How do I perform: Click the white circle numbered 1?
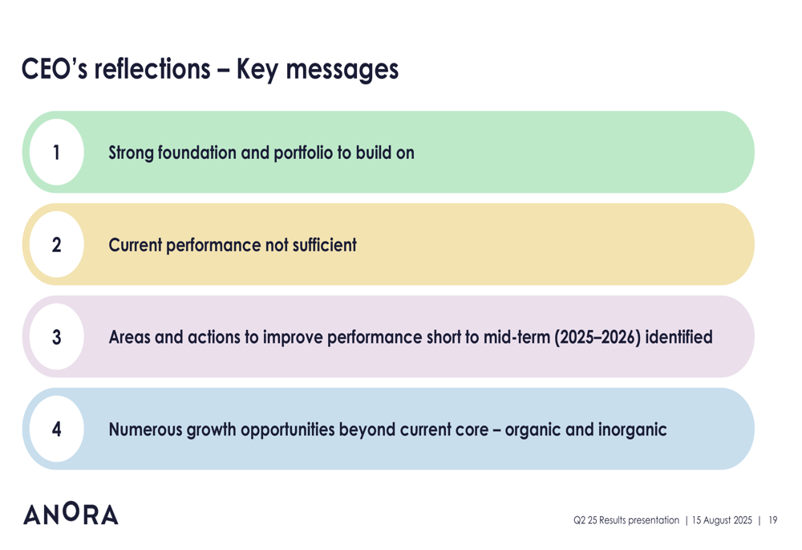57,152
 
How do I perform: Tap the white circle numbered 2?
57,244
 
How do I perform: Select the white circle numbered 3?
57,336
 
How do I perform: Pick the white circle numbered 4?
57,429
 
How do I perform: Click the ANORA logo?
71,514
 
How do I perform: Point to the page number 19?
773,520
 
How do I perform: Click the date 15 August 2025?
722,520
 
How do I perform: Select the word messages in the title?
342,70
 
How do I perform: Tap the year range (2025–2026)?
597,337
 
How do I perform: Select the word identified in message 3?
678,336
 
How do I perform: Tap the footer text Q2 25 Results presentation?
626,520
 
